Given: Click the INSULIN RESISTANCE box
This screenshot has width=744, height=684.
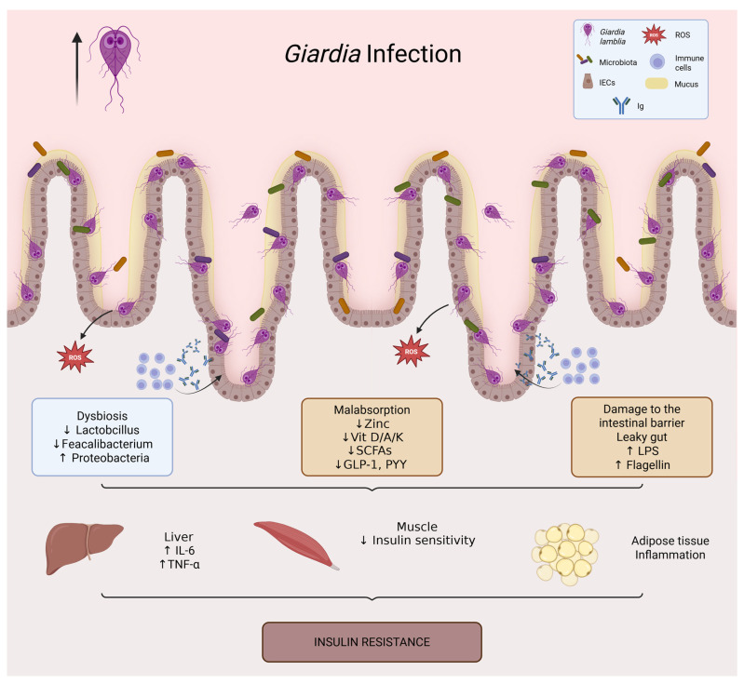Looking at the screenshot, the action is click(x=372, y=642).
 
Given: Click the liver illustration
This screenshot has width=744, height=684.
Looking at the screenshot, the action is click(x=84, y=548).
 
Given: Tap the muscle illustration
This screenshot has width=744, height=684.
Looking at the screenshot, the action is click(x=296, y=544).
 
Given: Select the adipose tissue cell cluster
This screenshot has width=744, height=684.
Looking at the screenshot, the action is click(x=564, y=554).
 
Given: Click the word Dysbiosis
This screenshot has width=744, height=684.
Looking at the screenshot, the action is click(x=102, y=416).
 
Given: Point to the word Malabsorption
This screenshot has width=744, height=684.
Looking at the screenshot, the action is click(x=372, y=409).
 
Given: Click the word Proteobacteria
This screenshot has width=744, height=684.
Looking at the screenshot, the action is click(x=111, y=458).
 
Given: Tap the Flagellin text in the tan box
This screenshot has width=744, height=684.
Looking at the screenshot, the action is click(x=648, y=465).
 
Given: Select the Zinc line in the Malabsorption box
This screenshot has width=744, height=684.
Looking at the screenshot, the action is click(x=372, y=423).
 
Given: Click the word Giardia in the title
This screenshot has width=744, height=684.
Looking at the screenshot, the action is click(x=323, y=54).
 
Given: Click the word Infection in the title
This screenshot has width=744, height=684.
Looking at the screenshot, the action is click(x=413, y=54).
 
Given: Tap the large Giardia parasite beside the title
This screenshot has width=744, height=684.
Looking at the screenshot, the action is click(x=115, y=66).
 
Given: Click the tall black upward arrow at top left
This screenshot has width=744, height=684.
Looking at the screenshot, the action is click(x=77, y=68).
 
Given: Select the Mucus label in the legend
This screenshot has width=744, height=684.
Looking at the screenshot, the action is click(x=686, y=84).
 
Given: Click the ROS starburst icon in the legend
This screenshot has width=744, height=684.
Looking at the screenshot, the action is click(x=654, y=34).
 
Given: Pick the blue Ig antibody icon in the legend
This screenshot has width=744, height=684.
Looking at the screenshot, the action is click(x=621, y=105).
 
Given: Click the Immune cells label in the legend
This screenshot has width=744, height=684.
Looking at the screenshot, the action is click(x=689, y=62).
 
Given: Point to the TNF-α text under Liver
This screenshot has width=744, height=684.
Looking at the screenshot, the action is click(x=180, y=565).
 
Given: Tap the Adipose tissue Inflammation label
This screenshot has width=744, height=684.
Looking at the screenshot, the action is click(x=670, y=548).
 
